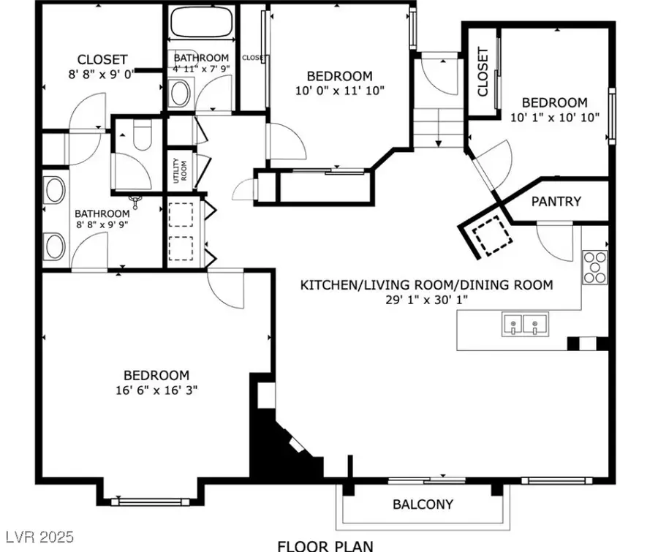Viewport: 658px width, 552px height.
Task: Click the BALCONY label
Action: pyautogui.click(x=423, y=504)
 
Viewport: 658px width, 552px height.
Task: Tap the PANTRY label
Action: pyautogui.click(x=556, y=201)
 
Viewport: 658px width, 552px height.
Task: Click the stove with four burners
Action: pyautogui.click(x=595, y=267)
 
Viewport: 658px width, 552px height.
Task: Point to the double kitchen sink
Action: pyautogui.click(x=526, y=325)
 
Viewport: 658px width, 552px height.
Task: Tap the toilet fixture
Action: pyautogui.click(x=142, y=136)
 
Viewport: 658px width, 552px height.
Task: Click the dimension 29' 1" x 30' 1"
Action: pyautogui.click(x=426, y=300)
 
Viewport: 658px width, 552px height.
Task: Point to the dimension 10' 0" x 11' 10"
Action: pyautogui.click(x=339, y=90)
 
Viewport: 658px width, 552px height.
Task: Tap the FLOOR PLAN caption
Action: pyautogui.click(x=325, y=545)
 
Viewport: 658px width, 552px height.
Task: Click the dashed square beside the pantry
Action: pyautogui.click(x=488, y=235)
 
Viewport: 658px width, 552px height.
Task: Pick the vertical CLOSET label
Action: pyautogui.click(x=483, y=72)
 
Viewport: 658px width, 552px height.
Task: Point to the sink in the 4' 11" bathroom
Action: pyautogui.click(x=180, y=94)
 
